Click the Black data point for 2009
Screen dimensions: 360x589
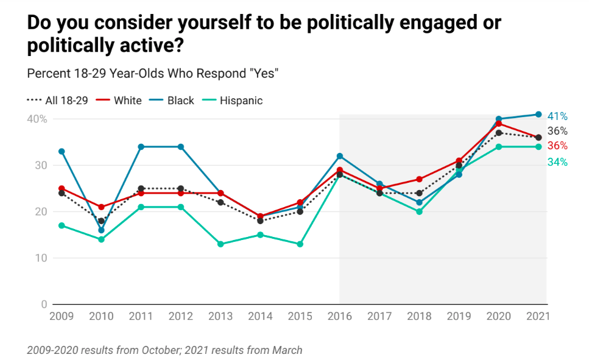tap(62, 151)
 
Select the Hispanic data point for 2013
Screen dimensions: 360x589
tap(220, 244)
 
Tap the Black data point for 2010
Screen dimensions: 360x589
tap(101, 230)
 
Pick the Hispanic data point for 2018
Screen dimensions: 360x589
tap(419, 212)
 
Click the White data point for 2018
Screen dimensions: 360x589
tap(419, 179)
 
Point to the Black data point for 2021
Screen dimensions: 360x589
tap(538, 115)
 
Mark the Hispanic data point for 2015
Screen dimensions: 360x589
tap(300, 244)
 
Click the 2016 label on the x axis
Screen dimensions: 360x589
tap(339, 317)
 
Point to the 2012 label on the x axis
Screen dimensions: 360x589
tap(181, 317)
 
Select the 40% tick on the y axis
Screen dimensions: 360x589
tap(37, 119)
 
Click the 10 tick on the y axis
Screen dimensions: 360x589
tap(40, 258)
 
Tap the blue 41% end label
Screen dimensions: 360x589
tap(557, 116)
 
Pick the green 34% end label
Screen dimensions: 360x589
tap(557, 162)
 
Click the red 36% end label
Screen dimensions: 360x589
tap(557, 146)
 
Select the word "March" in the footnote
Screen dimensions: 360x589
tap(287, 350)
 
